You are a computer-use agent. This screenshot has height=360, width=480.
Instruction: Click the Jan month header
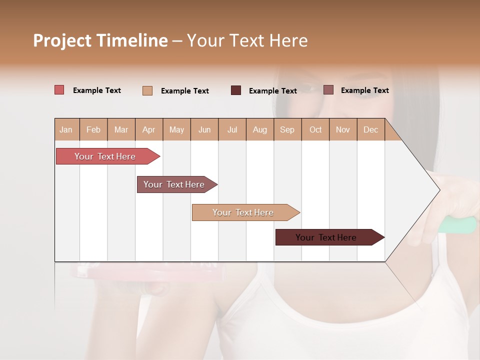[x=66, y=129]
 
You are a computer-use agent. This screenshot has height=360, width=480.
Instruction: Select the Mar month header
[x=121, y=129]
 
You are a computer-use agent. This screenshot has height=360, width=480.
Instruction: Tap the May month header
[x=176, y=129]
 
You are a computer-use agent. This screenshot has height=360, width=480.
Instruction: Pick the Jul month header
[x=232, y=129]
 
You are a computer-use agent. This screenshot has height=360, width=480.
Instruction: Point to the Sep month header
[x=287, y=129]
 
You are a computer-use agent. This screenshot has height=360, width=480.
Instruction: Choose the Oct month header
[x=315, y=129]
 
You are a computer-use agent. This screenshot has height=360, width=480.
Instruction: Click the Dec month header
[x=370, y=129]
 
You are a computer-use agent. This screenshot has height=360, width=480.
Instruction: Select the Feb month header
[x=93, y=129]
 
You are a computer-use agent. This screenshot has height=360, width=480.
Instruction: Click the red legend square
[x=59, y=90]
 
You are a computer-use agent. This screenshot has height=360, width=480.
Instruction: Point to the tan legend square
[x=147, y=90]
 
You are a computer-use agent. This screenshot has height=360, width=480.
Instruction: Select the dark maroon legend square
[x=236, y=90]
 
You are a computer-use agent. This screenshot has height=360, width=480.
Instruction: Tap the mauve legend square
[x=328, y=90]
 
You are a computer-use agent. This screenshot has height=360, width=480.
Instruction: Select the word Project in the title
[x=62, y=40]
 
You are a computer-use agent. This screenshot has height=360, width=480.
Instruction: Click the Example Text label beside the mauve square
[x=364, y=90]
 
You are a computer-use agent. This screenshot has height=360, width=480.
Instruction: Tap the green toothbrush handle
[x=457, y=225]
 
